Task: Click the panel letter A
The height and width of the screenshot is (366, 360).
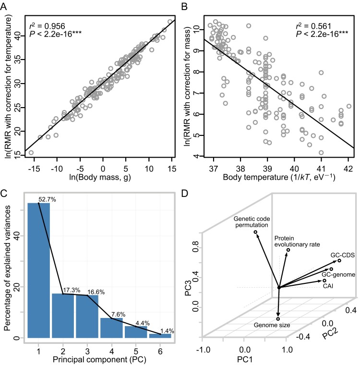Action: tap(4, 6)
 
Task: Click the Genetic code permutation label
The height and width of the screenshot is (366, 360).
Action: tap(253, 221)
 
